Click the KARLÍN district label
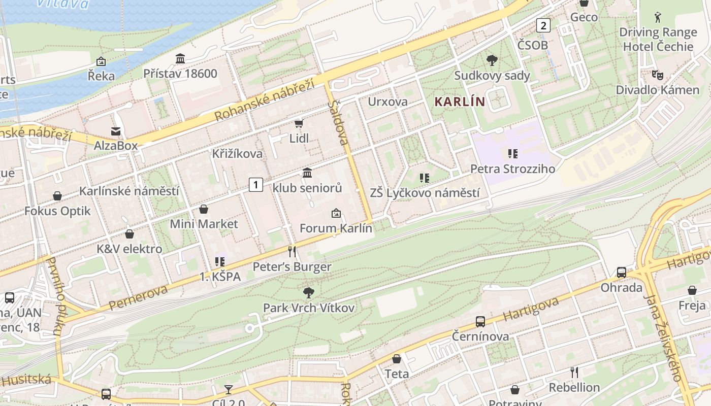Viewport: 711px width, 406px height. [460, 101]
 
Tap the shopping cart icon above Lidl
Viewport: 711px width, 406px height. [299, 124]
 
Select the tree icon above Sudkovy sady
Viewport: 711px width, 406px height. [492, 61]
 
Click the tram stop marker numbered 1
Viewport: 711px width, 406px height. [256, 185]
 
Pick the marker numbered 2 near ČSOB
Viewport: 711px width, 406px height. [544, 25]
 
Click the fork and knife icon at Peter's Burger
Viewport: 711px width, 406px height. [292, 252]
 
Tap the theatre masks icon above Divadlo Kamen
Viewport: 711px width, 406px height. [657, 75]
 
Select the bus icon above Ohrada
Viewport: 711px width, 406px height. [621, 273]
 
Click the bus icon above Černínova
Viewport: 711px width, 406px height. [480, 321]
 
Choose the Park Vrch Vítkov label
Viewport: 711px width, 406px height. [308, 308]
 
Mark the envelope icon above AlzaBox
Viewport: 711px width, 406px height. [116, 131]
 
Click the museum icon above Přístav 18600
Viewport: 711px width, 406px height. [180, 59]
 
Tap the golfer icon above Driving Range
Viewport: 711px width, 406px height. [658, 17]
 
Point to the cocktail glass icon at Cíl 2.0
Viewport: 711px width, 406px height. [229, 390]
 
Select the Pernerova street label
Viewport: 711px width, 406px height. [138, 298]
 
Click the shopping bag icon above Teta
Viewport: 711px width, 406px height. [397, 359]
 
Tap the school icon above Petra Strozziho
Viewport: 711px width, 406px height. [512, 153]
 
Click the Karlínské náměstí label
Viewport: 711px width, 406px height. [129, 191]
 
